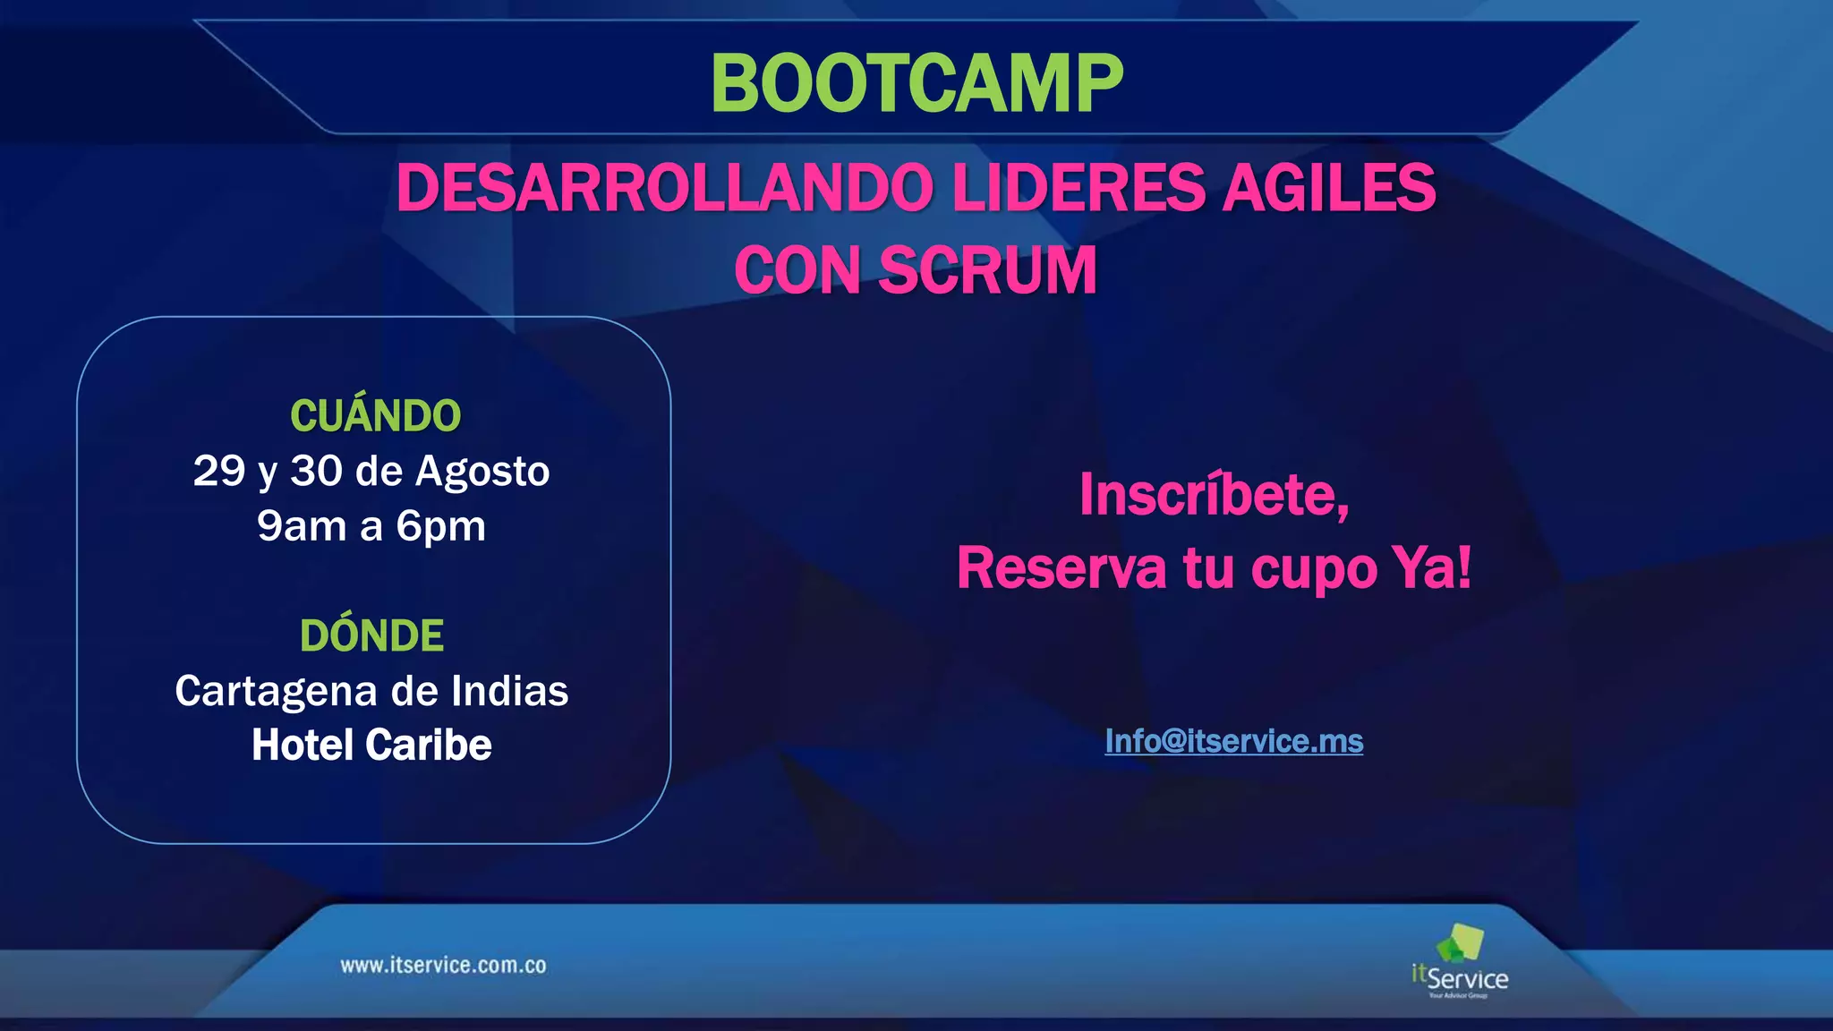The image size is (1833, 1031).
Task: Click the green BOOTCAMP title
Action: pos(916,83)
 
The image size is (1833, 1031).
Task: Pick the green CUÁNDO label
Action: pos(375,416)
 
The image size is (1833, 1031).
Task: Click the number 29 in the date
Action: pos(218,471)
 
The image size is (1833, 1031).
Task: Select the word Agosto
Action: pos(482,472)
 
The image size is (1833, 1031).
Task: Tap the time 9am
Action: pos(302,526)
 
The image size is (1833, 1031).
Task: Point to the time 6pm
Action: pos(441,527)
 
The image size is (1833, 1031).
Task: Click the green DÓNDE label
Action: pos(371,636)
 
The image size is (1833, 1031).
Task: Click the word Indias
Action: pos(509,691)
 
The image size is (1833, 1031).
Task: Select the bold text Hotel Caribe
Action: pos(371,746)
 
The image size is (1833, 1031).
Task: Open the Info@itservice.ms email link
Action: pos(1233,741)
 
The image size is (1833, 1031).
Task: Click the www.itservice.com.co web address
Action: pos(443,966)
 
